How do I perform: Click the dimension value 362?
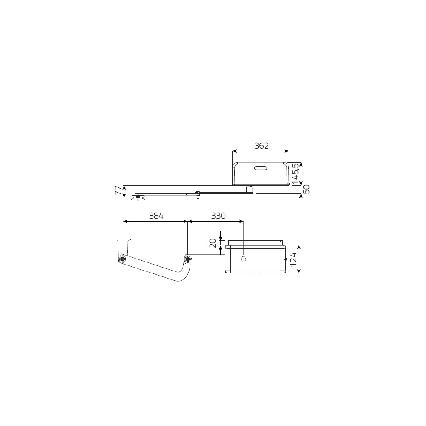point(261,146)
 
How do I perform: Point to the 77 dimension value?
point(118,191)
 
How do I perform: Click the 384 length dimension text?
point(155,216)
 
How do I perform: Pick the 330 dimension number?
point(218,216)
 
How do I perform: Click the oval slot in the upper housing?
point(260,168)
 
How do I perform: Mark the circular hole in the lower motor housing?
point(244,259)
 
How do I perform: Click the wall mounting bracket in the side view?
point(138,197)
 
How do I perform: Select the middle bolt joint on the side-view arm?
point(197,195)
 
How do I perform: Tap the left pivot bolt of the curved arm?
point(123,259)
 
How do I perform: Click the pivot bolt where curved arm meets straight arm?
point(188,259)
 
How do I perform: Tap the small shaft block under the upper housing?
point(250,189)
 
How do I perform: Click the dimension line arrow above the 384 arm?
point(155,221)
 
